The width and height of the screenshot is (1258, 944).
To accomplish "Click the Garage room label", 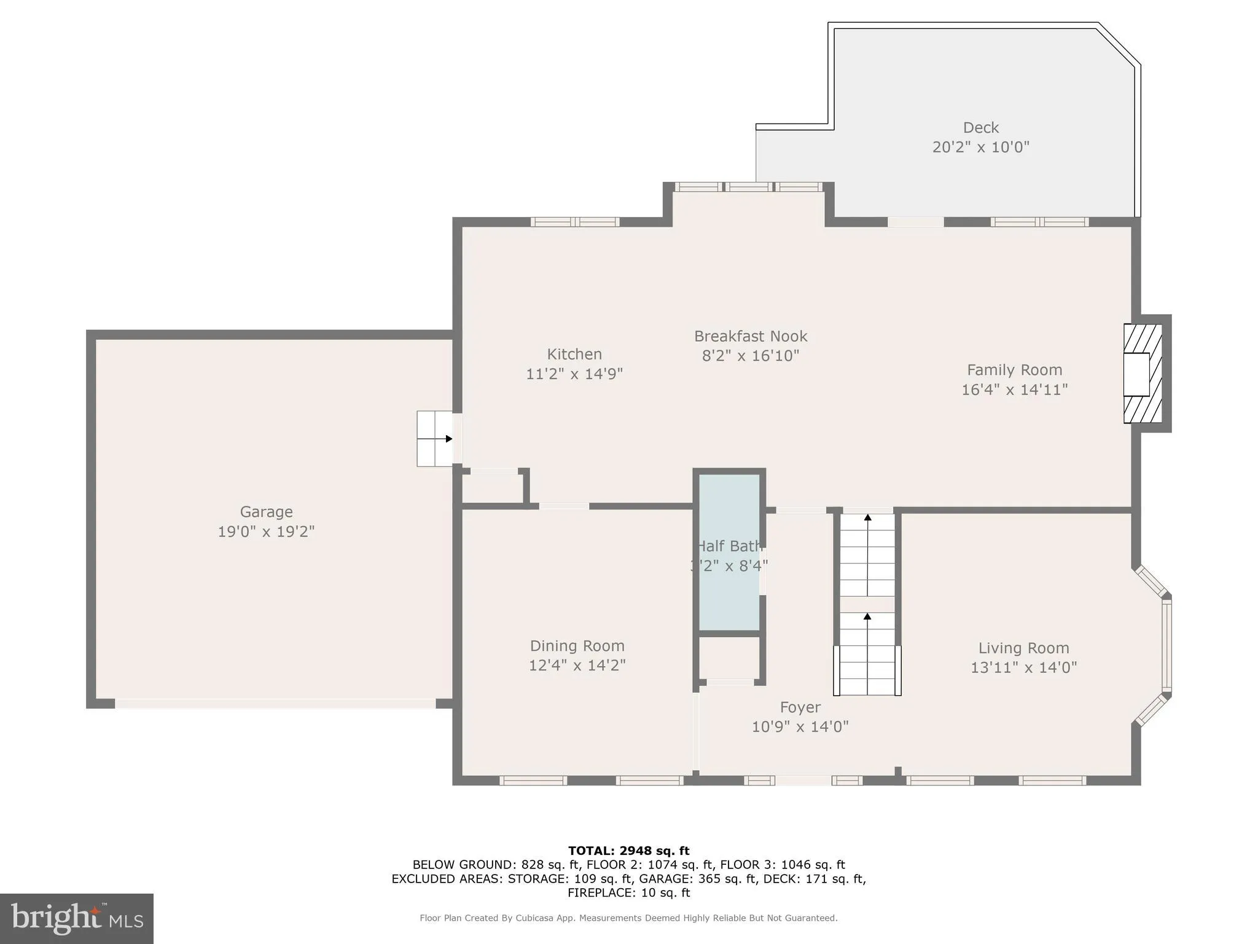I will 266,511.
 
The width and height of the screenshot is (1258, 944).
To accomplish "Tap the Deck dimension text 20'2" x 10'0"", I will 980,147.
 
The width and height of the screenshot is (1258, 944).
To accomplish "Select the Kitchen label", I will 574,354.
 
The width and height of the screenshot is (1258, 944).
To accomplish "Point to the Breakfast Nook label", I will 751,336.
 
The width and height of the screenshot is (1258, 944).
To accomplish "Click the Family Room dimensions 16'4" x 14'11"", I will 1014,390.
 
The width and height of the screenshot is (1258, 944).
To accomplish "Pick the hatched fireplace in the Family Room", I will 1143,374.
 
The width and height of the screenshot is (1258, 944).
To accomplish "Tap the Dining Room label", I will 577,646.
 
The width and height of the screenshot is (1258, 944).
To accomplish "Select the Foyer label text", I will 800,707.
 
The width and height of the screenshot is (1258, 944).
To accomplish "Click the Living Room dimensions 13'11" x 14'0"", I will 1023,667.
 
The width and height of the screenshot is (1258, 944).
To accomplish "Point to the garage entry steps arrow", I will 448,439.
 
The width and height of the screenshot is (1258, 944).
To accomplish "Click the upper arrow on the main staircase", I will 867,518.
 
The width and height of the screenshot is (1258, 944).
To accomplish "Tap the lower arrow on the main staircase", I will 867,616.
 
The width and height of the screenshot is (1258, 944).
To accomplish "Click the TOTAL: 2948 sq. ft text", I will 628,851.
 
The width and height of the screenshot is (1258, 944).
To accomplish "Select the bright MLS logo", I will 77,919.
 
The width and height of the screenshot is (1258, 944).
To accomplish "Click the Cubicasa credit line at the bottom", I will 628,918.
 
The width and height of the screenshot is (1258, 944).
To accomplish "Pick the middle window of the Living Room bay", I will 1166,645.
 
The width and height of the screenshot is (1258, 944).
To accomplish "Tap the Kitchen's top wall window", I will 575,222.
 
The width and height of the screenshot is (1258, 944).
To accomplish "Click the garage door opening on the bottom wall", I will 275,703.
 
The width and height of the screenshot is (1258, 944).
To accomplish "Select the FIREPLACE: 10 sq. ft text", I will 628,893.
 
